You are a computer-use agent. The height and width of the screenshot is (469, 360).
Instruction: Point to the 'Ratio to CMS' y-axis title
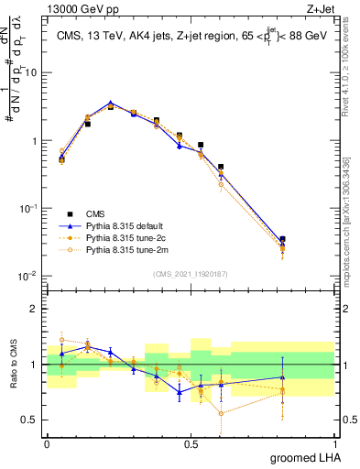tap(12, 364)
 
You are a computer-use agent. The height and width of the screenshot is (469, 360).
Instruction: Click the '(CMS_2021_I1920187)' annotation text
tap(191, 272)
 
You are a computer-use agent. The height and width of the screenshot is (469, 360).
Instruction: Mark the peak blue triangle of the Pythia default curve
tap(111, 104)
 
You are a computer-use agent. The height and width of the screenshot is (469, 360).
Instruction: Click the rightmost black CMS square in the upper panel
tap(282, 240)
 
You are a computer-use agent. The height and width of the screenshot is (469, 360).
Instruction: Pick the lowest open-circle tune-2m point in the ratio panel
tap(221, 413)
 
